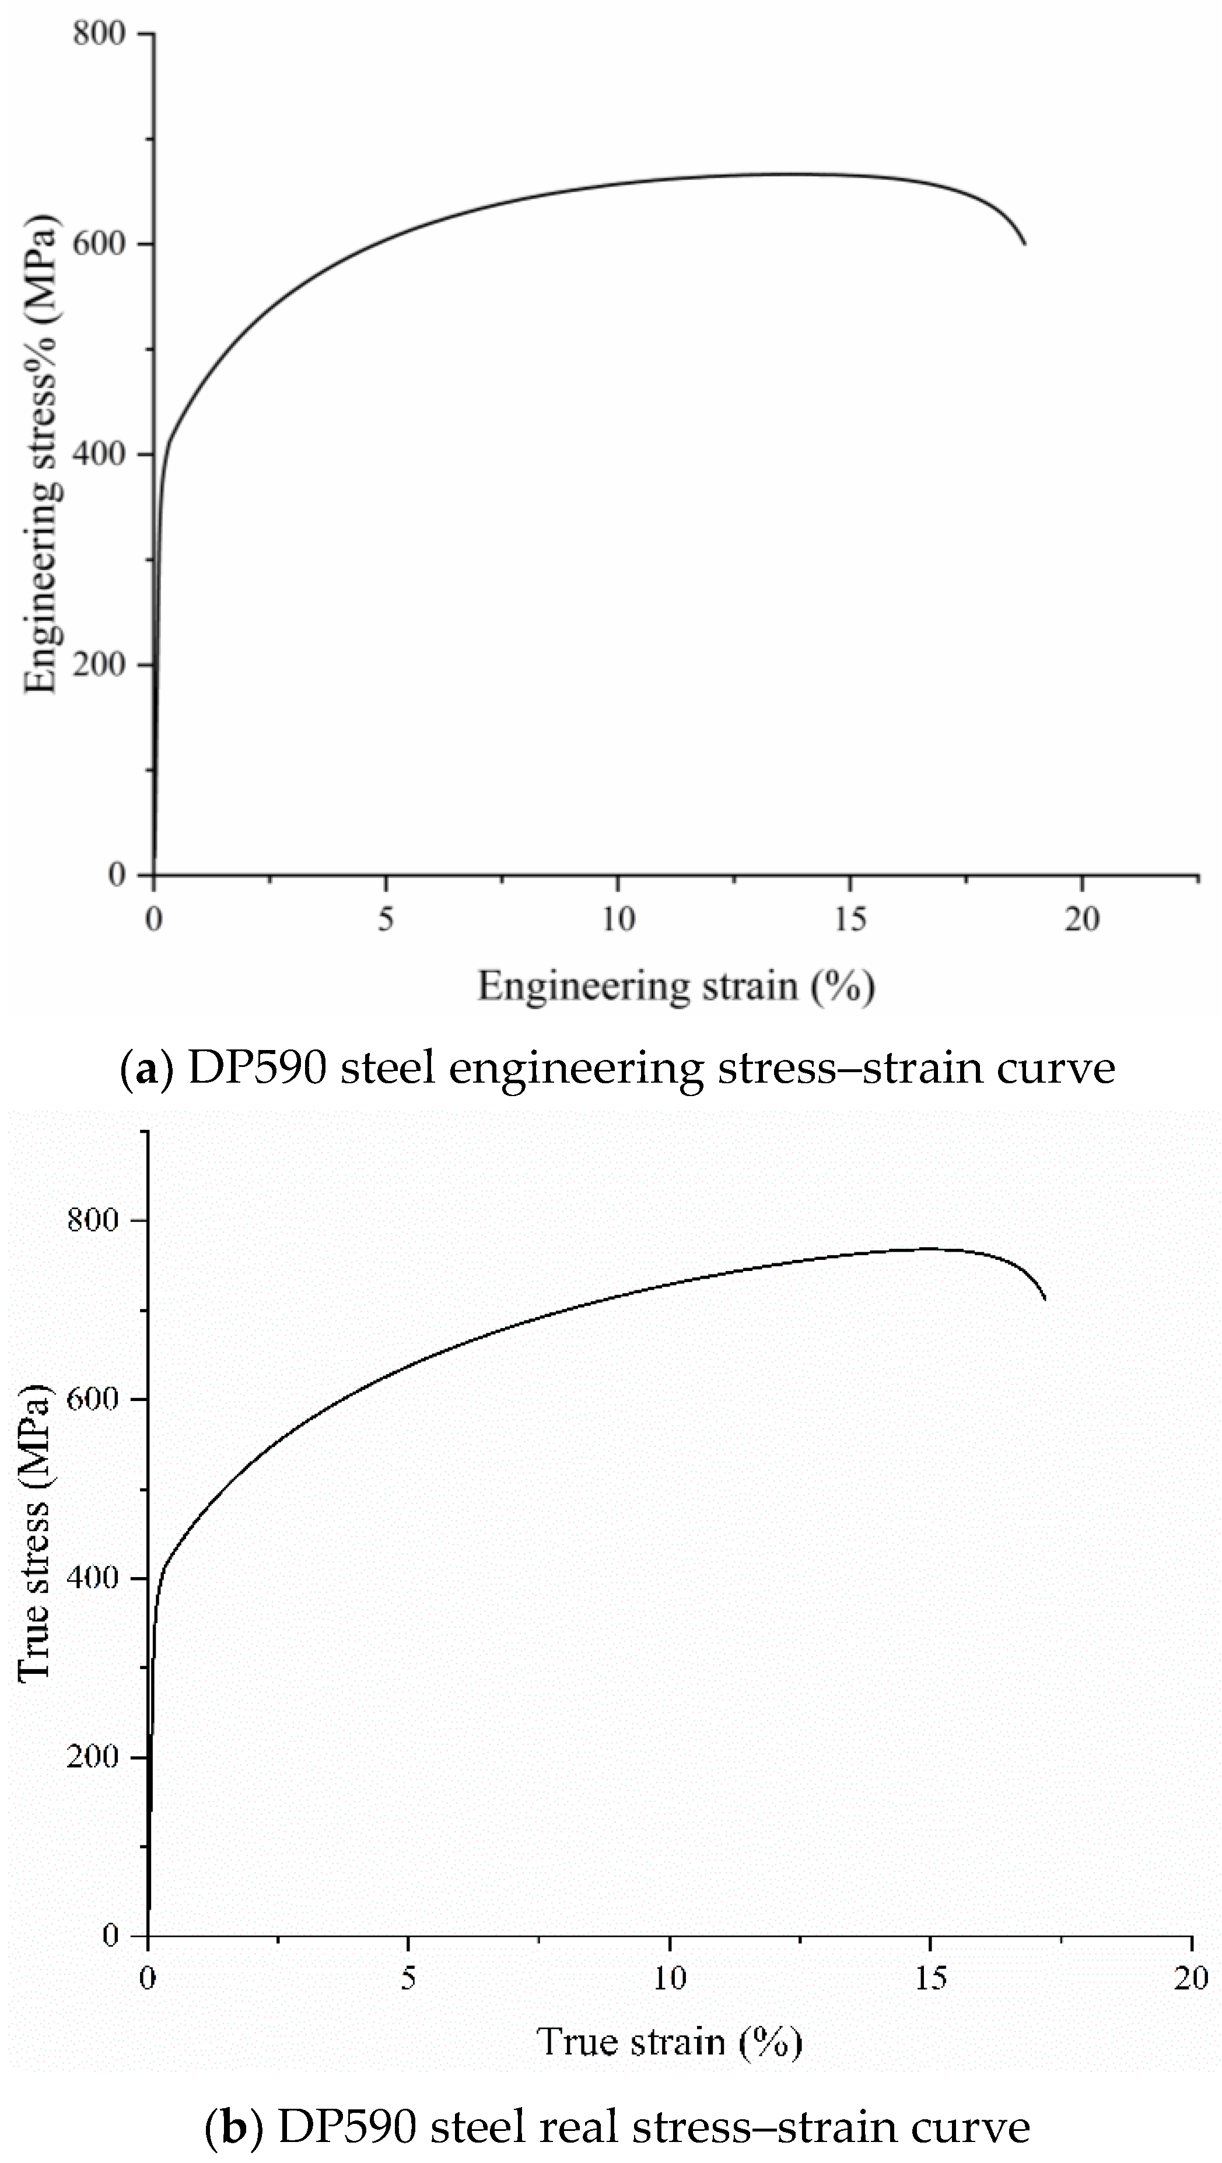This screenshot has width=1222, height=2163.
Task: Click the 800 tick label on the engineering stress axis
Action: pyautogui.click(x=99, y=34)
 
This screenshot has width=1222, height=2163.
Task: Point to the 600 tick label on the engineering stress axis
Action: pyautogui.click(x=99, y=244)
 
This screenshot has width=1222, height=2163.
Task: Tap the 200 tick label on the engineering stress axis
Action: pyautogui.click(x=99, y=665)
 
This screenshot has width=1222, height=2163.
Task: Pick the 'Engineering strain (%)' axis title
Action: pyautogui.click(x=676, y=986)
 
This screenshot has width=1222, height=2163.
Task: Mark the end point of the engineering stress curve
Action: pyautogui.click(x=1025, y=244)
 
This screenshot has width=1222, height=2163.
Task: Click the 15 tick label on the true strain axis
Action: pyautogui.click(x=930, y=1979)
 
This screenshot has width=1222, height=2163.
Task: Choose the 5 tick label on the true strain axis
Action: pyautogui.click(x=408, y=1979)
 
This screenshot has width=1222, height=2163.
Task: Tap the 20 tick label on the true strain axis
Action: pyautogui.click(x=1191, y=1979)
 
